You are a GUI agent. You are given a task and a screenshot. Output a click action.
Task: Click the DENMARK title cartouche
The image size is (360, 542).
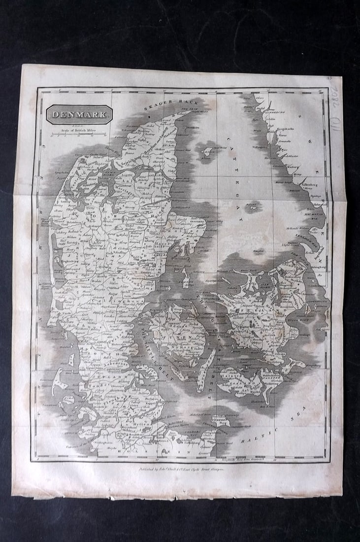[79, 115]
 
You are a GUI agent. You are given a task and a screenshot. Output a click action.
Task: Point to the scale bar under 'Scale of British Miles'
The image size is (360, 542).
[74, 134]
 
